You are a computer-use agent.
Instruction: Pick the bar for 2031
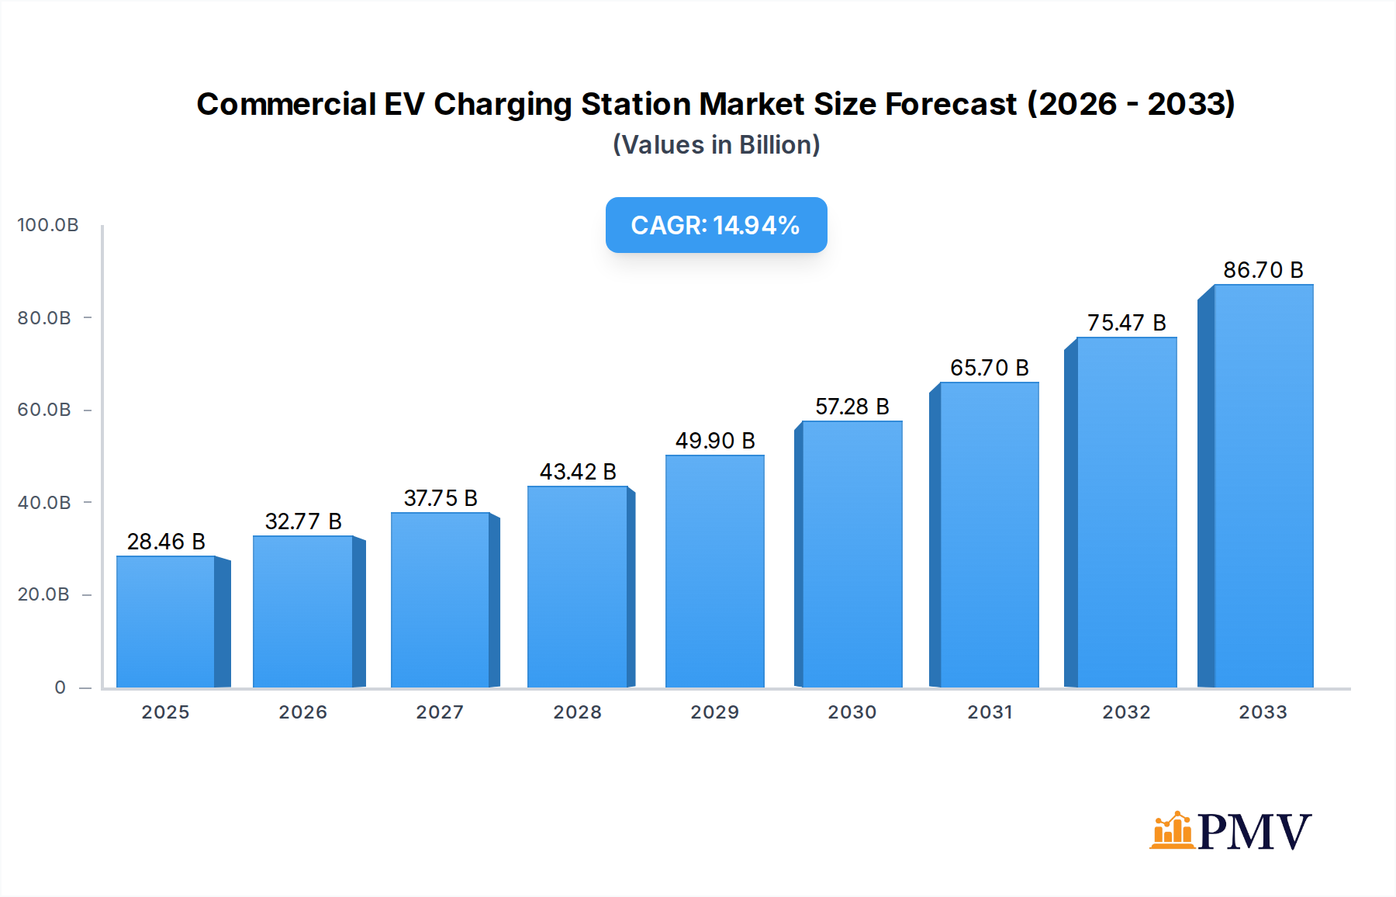pos(989,535)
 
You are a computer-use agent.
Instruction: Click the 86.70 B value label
pos(1263,270)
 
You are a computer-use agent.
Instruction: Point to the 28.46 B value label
pos(166,542)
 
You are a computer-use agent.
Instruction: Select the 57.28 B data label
pos(852,407)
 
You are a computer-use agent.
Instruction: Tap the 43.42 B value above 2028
pos(578,472)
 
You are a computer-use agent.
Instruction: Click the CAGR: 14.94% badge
pos(716,225)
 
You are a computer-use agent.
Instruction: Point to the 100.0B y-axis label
pos(48,225)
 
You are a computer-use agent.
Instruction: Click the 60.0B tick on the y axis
pos(44,410)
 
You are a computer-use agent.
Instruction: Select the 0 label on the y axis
pos(60,687)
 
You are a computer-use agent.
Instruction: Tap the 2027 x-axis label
pos(440,712)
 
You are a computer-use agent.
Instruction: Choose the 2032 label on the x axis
pos(1126,712)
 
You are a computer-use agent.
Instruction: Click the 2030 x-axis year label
pos(852,712)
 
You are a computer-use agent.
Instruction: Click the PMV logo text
pos(1254,832)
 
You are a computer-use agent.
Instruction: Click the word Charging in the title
pos(502,104)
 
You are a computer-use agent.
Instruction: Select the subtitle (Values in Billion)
pos(716,145)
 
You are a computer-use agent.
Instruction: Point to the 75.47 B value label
pos(1126,323)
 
